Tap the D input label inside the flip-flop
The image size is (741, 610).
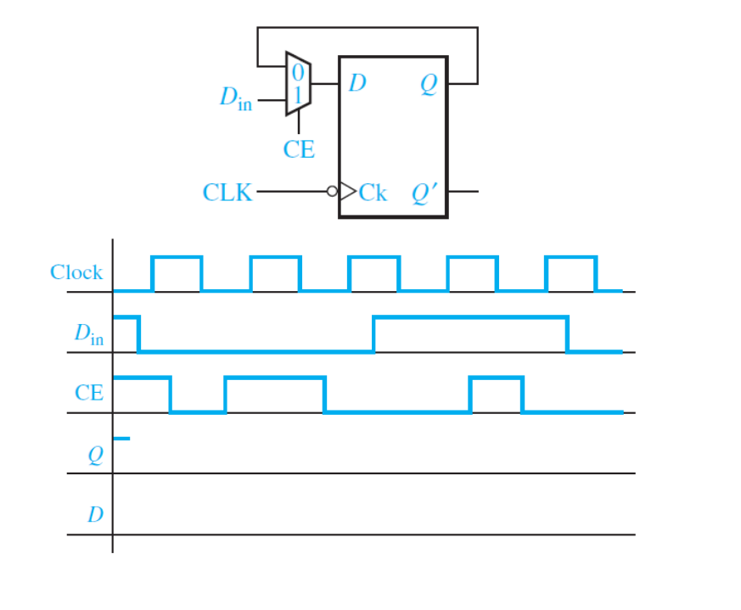click(x=357, y=84)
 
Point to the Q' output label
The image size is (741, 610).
click(x=424, y=193)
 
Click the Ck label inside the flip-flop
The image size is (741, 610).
click(x=373, y=193)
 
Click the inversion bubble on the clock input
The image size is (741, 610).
click(x=333, y=192)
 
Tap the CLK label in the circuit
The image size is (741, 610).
click(x=227, y=193)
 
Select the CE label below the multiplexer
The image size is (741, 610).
click(x=299, y=150)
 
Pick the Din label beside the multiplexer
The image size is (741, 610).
click(x=235, y=98)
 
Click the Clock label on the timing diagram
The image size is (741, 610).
click(x=76, y=272)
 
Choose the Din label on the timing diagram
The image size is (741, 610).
click(x=88, y=334)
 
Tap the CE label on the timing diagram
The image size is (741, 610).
click(x=89, y=393)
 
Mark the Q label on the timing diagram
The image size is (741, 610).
click(x=95, y=456)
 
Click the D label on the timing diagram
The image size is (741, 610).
click(x=95, y=515)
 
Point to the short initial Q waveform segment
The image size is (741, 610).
click(x=121, y=438)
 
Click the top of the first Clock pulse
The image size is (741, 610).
click(x=177, y=256)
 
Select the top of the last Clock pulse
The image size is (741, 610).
click(x=570, y=256)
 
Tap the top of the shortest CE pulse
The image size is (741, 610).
click(x=496, y=378)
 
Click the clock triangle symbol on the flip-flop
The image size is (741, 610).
click(x=347, y=192)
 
